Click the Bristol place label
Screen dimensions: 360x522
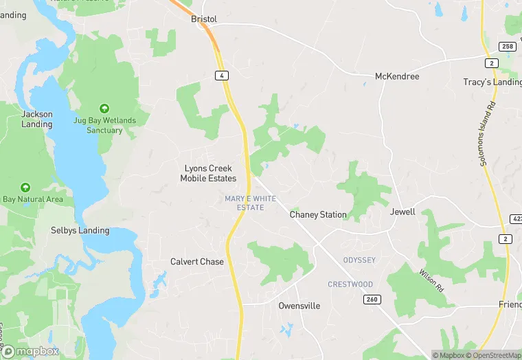(x=203, y=19)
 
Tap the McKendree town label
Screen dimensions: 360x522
(x=396, y=76)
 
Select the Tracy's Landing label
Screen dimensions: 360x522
(x=492, y=82)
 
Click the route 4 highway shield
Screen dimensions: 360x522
(x=220, y=75)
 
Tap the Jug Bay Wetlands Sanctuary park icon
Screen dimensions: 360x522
(x=104, y=108)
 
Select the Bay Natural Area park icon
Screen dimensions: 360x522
(x=25, y=187)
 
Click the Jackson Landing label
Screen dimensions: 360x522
(x=37, y=120)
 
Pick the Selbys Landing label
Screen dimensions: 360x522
(x=80, y=230)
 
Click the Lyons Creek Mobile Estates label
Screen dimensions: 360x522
(x=208, y=173)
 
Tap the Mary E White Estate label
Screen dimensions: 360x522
(x=250, y=203)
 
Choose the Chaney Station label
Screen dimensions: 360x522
(x=318, y=214)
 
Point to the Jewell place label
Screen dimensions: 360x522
(x=402, y=212)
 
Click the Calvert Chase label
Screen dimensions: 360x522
(x=197, y=262)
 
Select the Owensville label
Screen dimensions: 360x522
(x=299, y=306)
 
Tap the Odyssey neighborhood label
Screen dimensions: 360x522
(x=359, y=260)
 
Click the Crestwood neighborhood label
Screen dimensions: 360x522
(x=350, y=284)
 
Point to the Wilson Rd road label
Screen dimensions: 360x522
(x=430, y=281)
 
